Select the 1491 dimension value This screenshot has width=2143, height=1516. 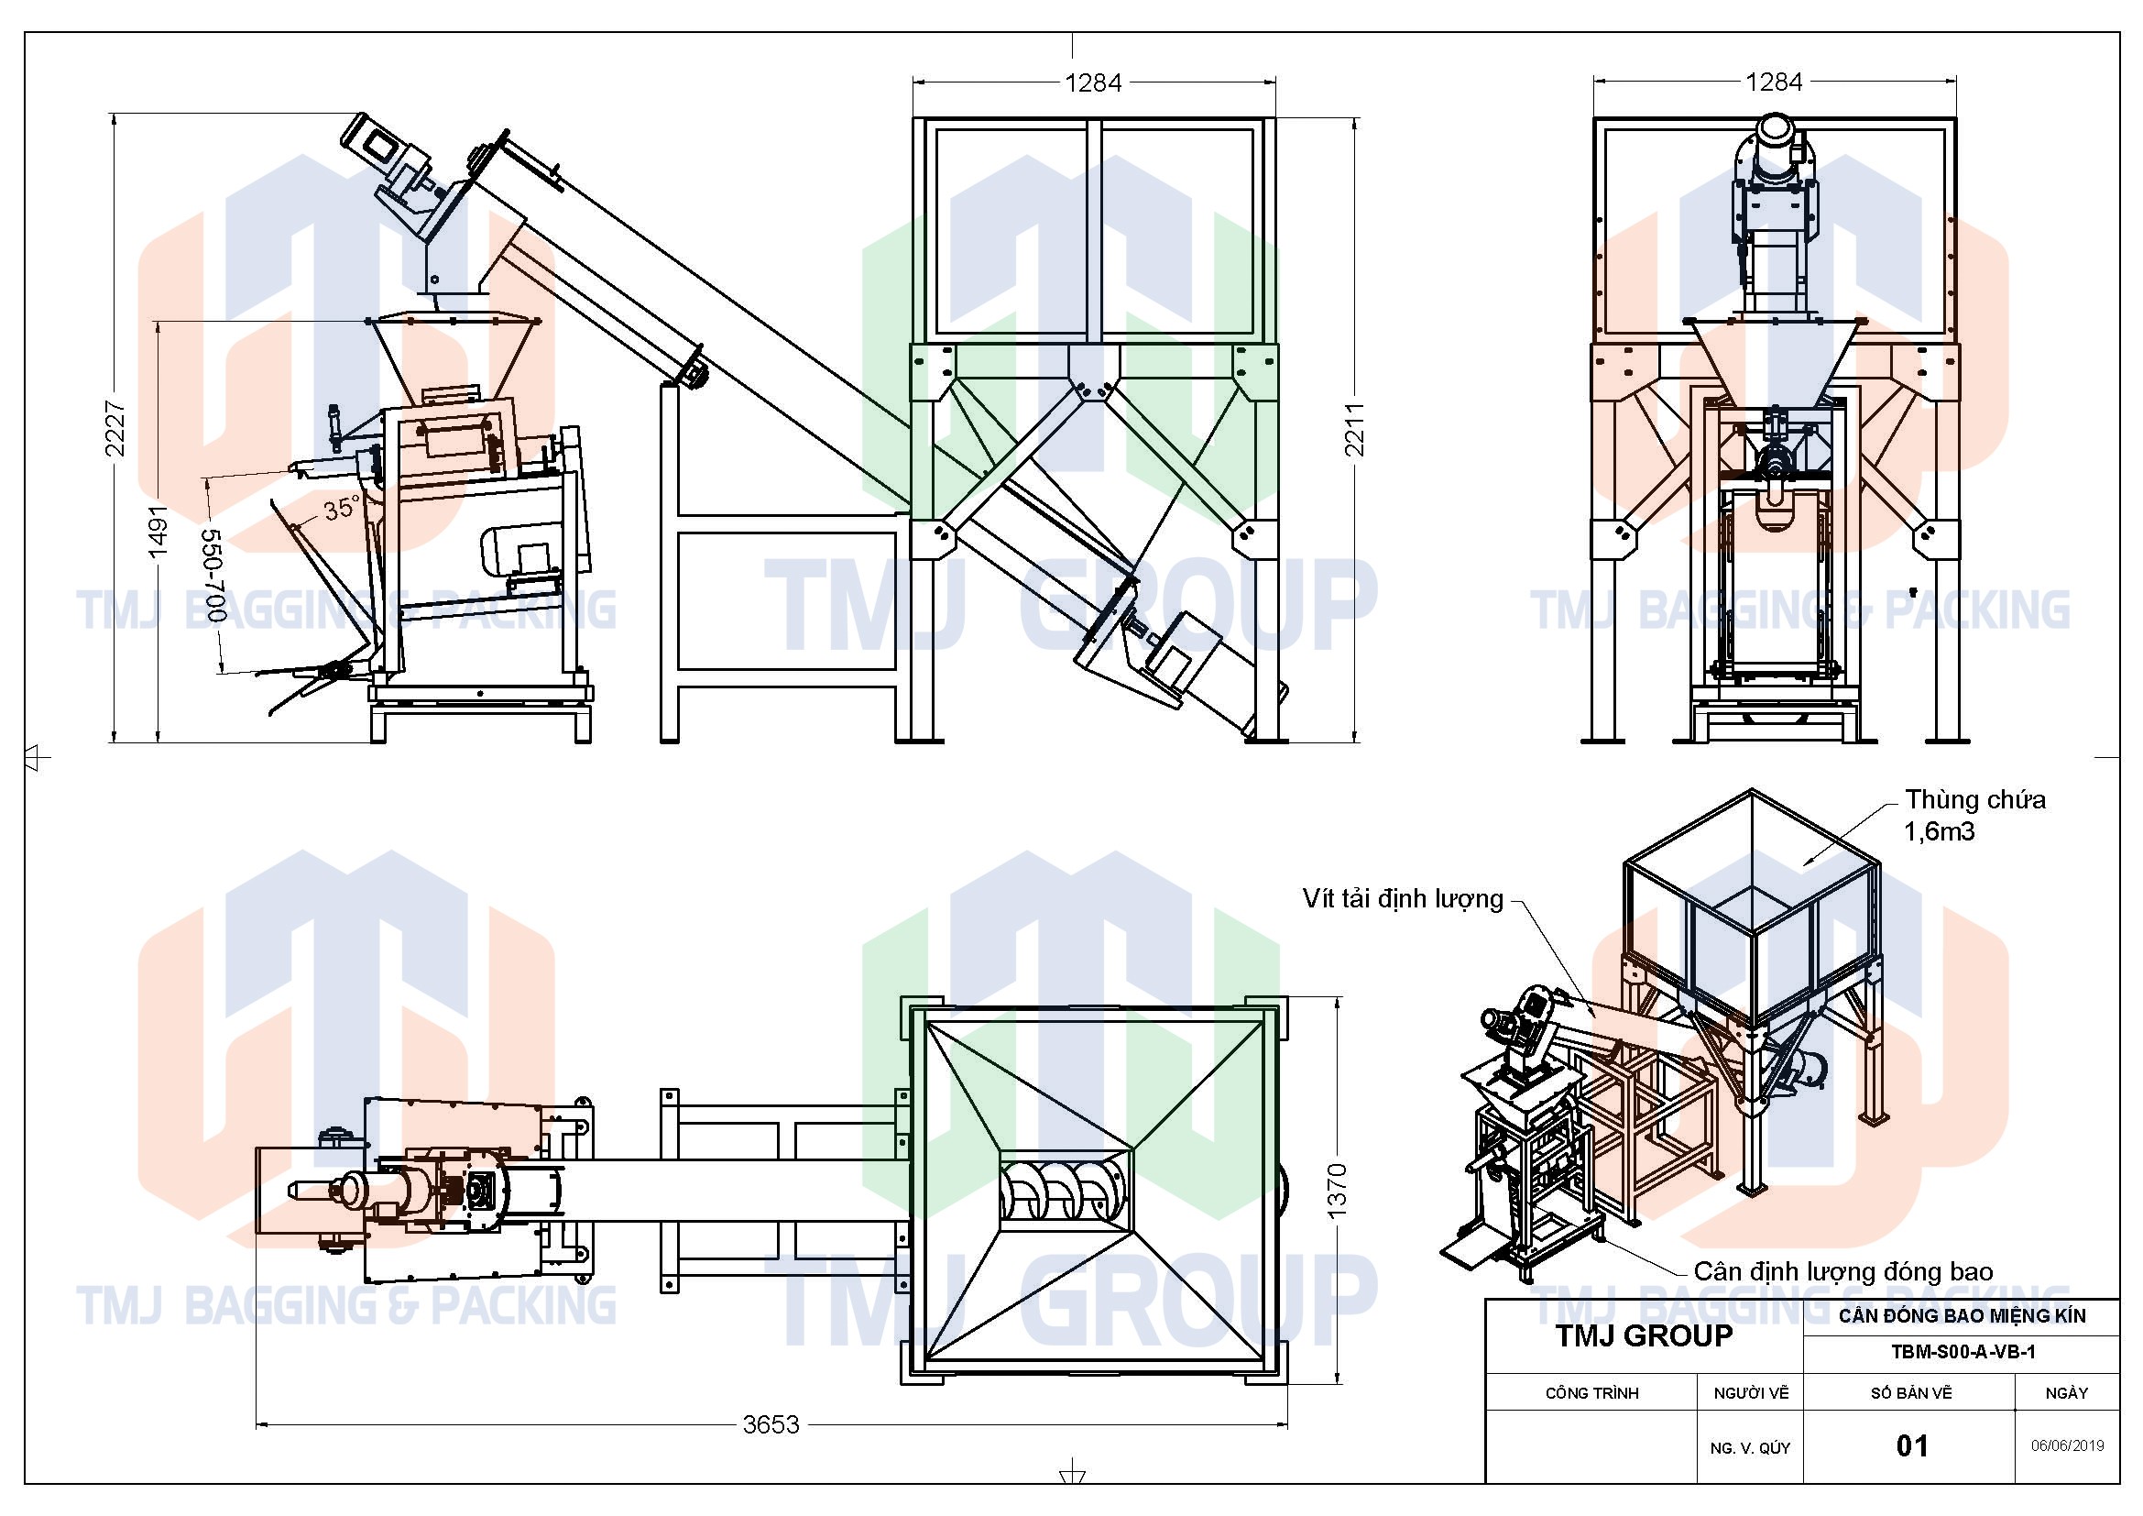(158, 533)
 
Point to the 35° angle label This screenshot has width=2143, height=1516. (341, 509)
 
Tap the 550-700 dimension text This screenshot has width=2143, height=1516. (213, 576)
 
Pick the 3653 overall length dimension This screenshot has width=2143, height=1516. (771, 1424)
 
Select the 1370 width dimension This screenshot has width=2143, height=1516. (1337, 1191)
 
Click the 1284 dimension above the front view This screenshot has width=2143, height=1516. (1093, 83)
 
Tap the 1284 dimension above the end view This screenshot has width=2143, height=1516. (1774, 82)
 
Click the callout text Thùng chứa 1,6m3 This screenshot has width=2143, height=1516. (1974, 815)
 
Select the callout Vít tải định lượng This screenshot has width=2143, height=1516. (1403, 898)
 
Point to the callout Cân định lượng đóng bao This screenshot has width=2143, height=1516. (1843, 1271)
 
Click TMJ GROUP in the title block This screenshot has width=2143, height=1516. (1644, 1335)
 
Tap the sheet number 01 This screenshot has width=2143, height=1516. (1911, 1446)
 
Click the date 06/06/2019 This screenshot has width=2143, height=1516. (2067, 1446)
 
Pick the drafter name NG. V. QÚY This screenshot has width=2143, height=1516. (1750, 1449)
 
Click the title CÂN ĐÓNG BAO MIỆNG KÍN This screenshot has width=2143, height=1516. (1962, 1316)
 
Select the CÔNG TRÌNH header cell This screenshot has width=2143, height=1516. (1591, 1394)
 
